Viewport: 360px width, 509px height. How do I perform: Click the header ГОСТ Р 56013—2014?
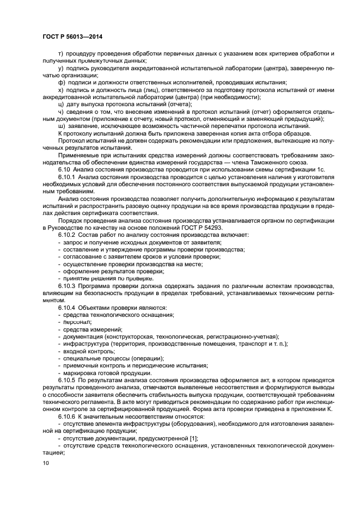point(72,36)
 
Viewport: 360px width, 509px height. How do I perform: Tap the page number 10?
point(45,463)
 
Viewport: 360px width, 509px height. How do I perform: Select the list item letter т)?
point(61,54)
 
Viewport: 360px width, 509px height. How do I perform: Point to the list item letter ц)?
point(61,105)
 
